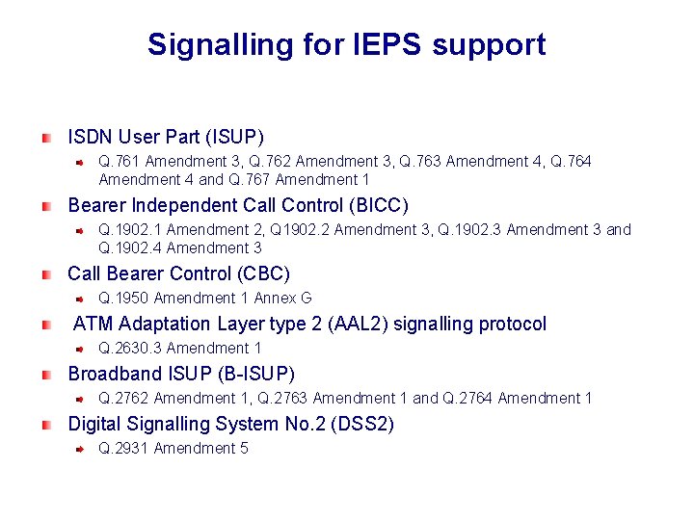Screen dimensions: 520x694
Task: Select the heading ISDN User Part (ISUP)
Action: click(x=166, y=137)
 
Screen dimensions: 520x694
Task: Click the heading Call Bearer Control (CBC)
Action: click(x=178, y=273)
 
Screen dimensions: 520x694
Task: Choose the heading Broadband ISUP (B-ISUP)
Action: click(x=181, y=374)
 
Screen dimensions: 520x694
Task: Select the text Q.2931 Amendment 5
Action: click(x=173, y=448)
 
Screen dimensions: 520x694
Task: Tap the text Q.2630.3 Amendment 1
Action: click(x=180, y=348)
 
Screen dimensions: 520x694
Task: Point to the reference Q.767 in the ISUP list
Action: click(x=252, y=179)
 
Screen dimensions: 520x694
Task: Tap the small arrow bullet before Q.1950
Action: click(x=83, y=299)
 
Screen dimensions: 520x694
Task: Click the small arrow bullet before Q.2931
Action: click(x=83, y=449)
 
